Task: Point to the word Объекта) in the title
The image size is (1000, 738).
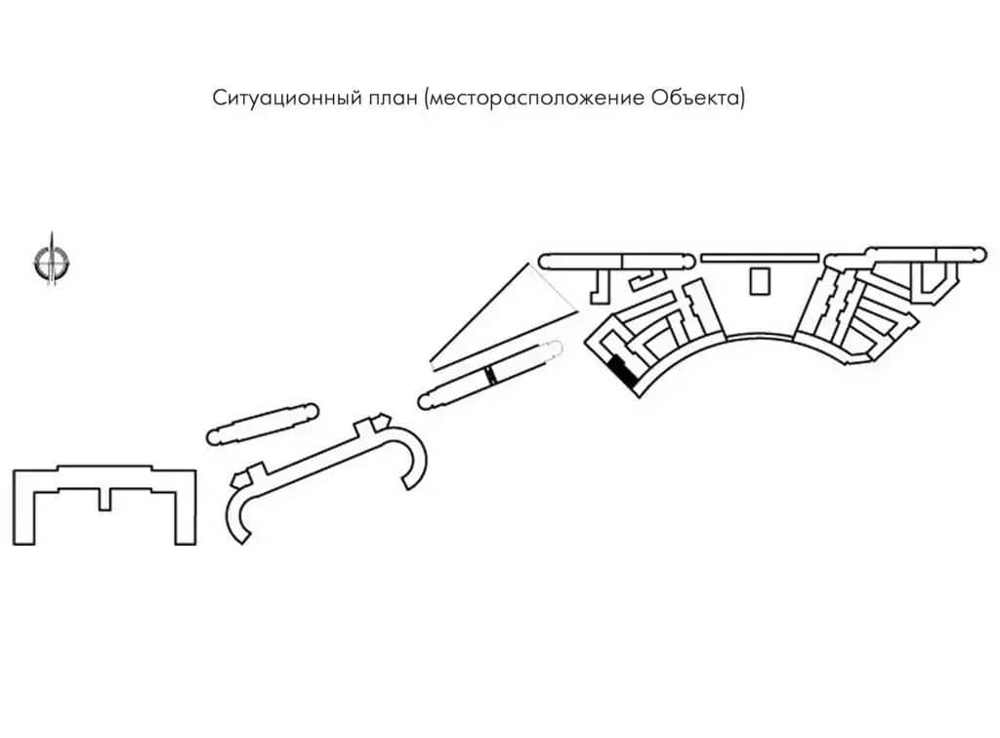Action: pyautogui.click(x=698, y=98)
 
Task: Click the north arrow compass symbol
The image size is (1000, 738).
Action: pyautogui.click(x=52, y=261)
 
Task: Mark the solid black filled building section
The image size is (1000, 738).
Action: pyautogui.click(x=622, y=372)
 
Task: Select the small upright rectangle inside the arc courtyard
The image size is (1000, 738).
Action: pyautogui.click(x=760, y=281)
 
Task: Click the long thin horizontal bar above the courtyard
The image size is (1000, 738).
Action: pyautogui.click(x=760, y=258)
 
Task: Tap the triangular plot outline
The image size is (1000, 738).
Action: pyautogui.click(x=504, y=316)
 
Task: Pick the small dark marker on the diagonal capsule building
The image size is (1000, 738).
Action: pyautogui.click(x=490, y=376)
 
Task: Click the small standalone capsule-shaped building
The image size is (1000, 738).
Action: pyautogui.click(x=263, y=424)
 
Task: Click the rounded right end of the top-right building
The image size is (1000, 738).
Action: pyautogui.click(x=979, y=255)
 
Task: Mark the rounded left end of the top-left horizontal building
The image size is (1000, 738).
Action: pyautogui.click(x=546, y=262)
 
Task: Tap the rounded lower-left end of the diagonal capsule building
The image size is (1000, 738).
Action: pyautogui.click(x=426, y=401)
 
